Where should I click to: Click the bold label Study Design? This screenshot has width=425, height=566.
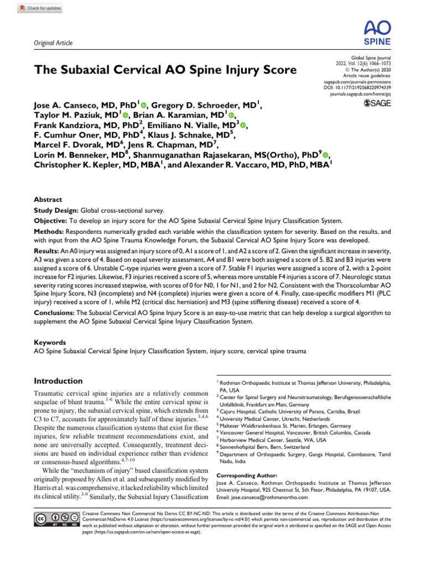click(x=56, y=211)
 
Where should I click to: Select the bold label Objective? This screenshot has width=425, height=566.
click(x=51, y=221)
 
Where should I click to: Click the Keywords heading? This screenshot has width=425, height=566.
click(x=50, y=342)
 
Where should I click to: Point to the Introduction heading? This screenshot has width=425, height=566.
click(x=58, y=381)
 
